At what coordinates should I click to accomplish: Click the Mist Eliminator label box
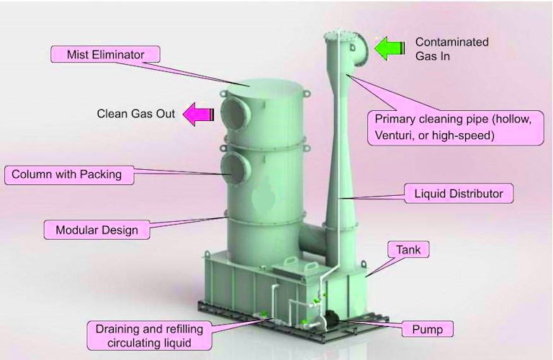point(106,55)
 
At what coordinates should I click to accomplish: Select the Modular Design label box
point(96,230)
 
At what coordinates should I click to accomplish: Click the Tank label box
point(413,250)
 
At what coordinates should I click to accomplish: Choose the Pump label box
point(427,330)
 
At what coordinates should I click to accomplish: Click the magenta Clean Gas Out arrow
point(199,113)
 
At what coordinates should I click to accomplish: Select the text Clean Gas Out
point(136,114)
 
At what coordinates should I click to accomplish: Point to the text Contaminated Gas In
point(451,48)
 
